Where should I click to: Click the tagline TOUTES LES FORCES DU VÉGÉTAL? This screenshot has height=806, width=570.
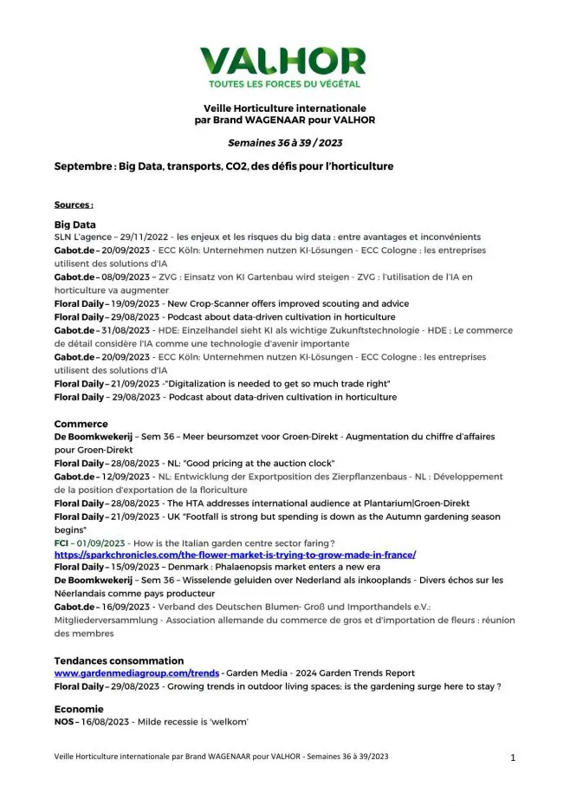click(x=283, y=84)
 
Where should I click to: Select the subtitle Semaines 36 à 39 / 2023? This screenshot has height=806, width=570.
click(x=284, y=140)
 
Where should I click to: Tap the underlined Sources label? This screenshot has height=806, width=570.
click(x=74, y=205)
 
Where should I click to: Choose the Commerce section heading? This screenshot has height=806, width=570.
click(x=81, y=424)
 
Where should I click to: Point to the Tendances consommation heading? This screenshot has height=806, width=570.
click(x=119, y=660)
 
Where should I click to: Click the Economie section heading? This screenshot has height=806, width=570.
click(x=79, y=708)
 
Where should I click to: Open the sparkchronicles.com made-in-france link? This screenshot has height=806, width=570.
click(x=235, y=554)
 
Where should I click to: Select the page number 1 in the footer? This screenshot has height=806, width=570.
click(x=513, y=757)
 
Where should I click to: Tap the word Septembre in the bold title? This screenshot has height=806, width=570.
click(x=83, y=166)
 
